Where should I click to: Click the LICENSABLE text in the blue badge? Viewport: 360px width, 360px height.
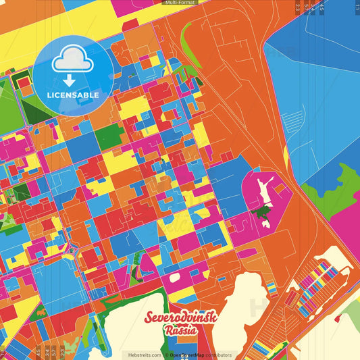click(72, 95)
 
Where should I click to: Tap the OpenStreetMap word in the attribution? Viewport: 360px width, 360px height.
click(186, 355)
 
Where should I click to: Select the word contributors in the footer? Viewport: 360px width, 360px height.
click(217, 355)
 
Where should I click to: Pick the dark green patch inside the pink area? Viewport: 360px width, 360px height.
click(259, 214)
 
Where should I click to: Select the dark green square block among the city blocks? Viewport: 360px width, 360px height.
click(109, 137)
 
